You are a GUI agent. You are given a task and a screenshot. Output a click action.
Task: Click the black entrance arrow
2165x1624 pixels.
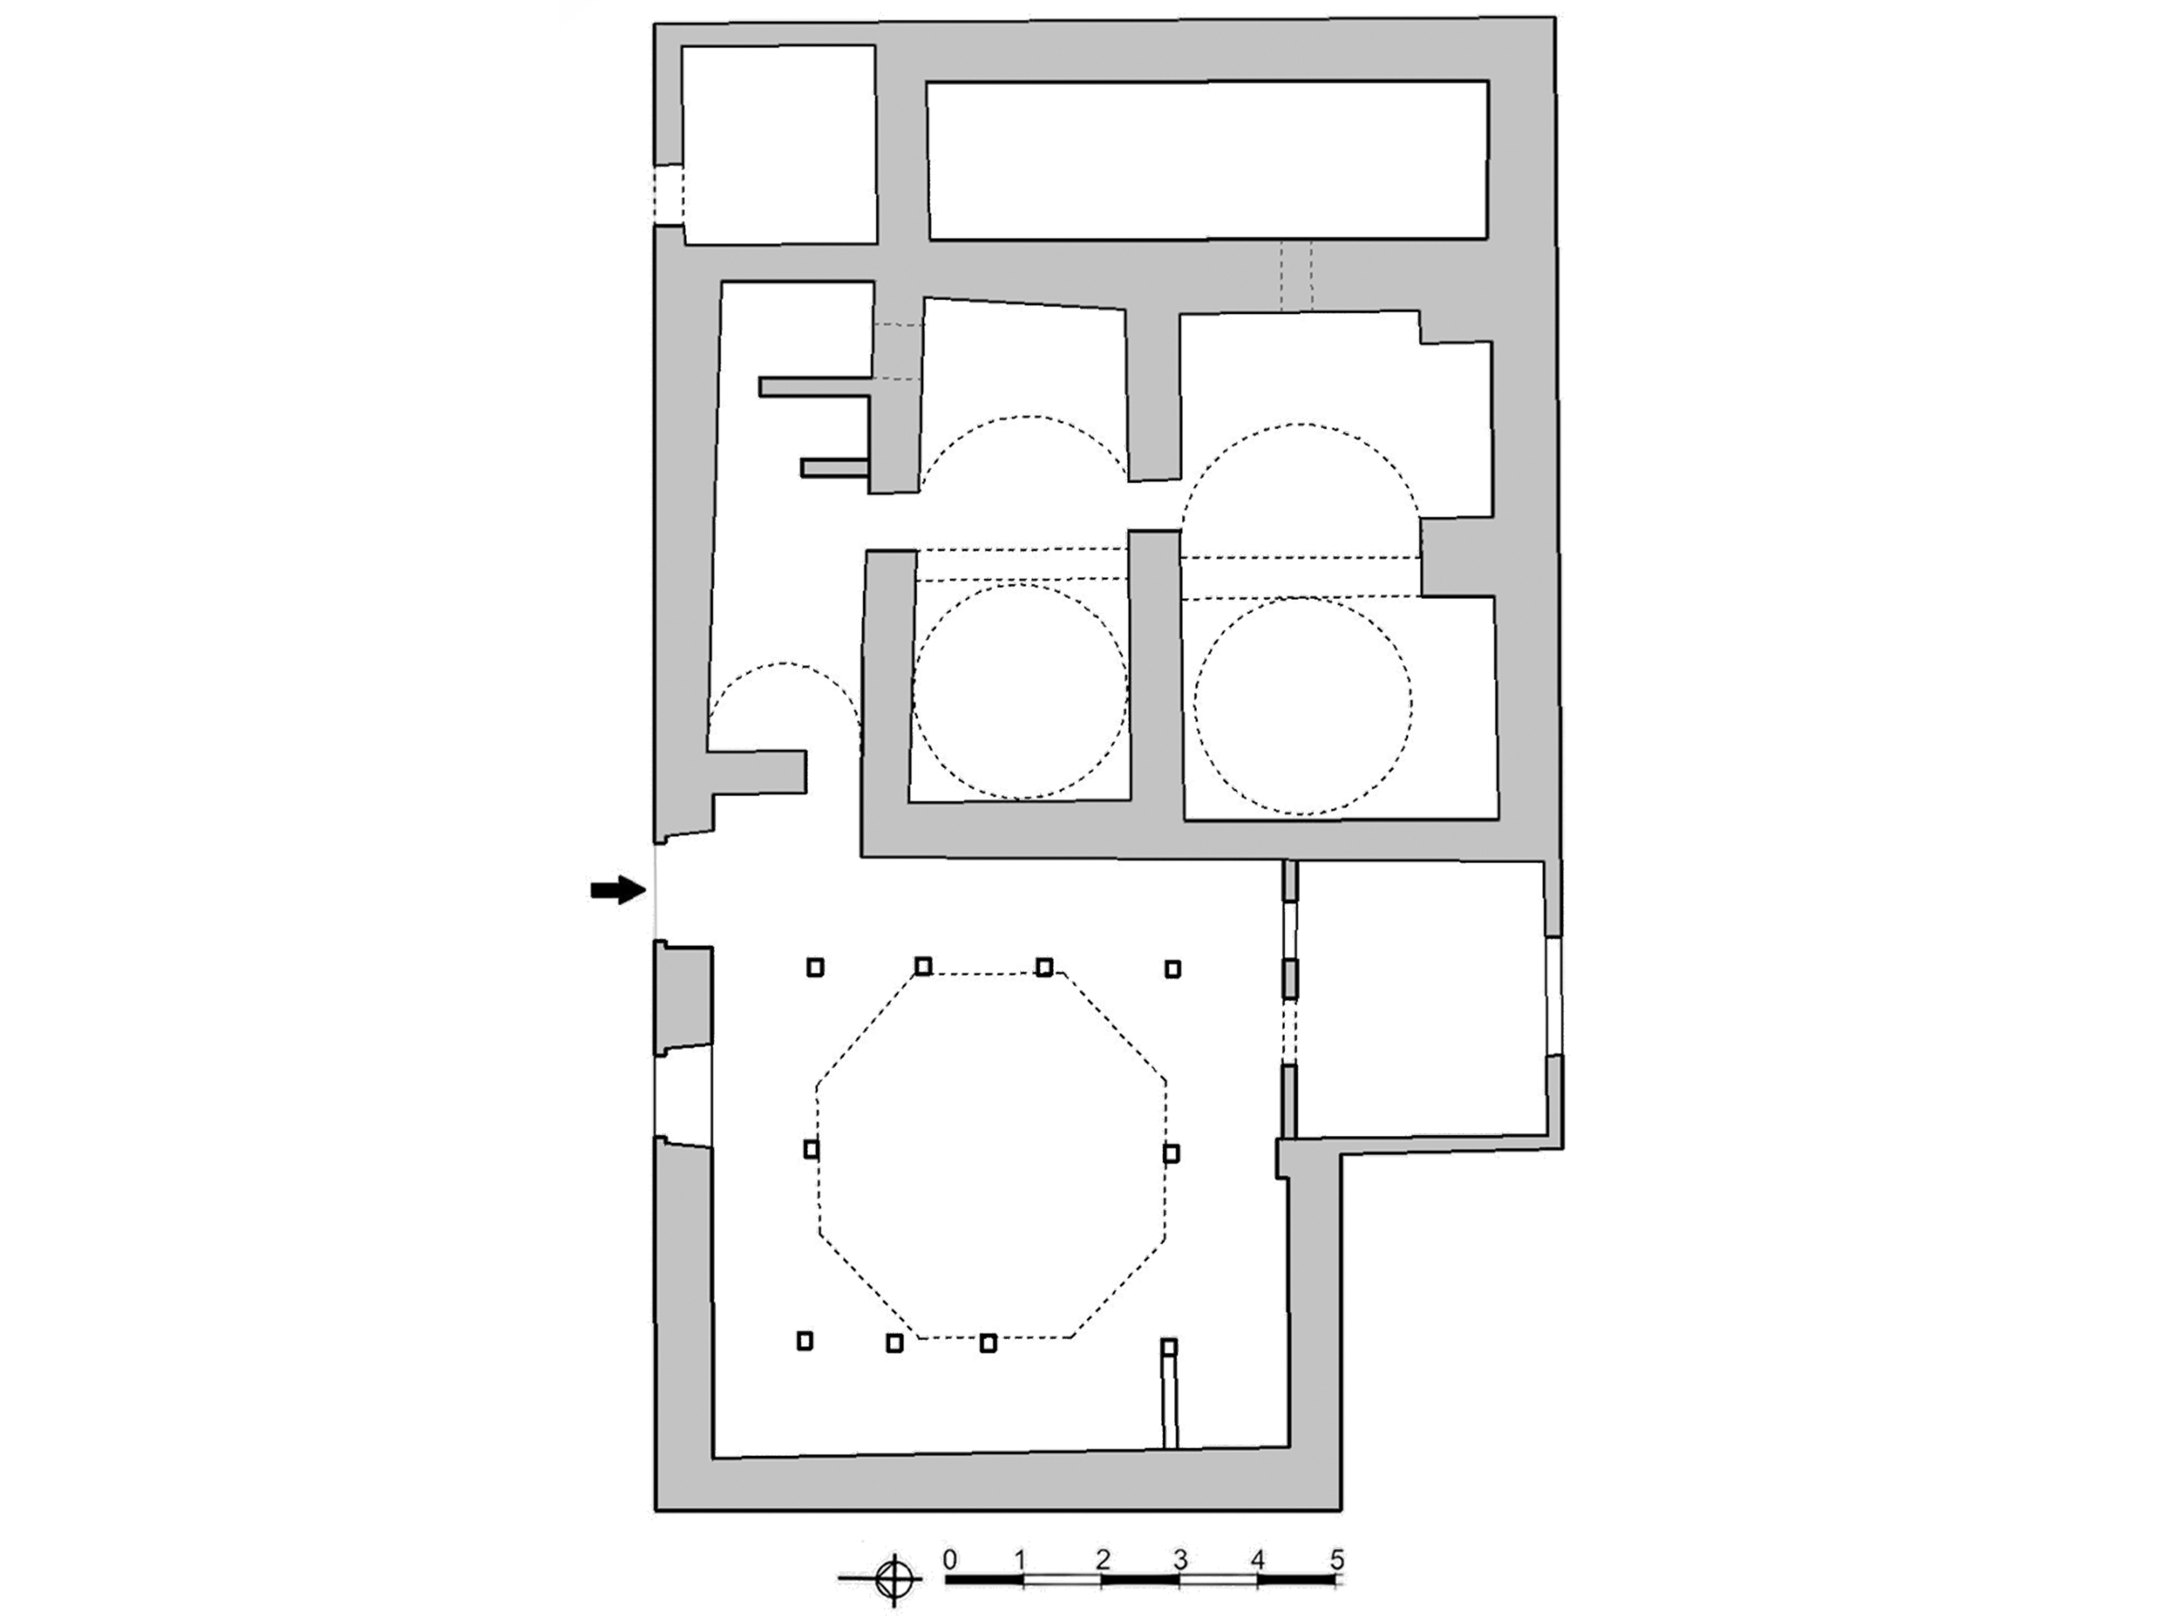click(619, 891)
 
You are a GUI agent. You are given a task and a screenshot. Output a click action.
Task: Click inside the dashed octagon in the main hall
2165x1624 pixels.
click(990, 1155)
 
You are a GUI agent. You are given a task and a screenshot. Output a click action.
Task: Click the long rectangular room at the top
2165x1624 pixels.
click(1208, 161)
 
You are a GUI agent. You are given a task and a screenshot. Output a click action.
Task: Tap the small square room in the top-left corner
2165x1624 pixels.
click(779, 145)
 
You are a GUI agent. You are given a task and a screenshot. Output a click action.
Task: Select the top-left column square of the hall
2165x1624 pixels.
click(815, 968)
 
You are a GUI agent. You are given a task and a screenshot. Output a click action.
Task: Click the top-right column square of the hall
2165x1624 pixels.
click(1172, 969)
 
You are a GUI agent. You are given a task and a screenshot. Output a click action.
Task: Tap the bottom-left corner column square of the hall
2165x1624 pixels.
click(804, 1341)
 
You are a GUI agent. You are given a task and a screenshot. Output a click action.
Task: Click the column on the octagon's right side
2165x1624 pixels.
click(1172, 1153)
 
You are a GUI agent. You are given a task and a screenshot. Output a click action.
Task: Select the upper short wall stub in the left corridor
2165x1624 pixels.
click(815, 387)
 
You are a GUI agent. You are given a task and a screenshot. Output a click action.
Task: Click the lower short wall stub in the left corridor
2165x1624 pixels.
click(835, 468)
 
